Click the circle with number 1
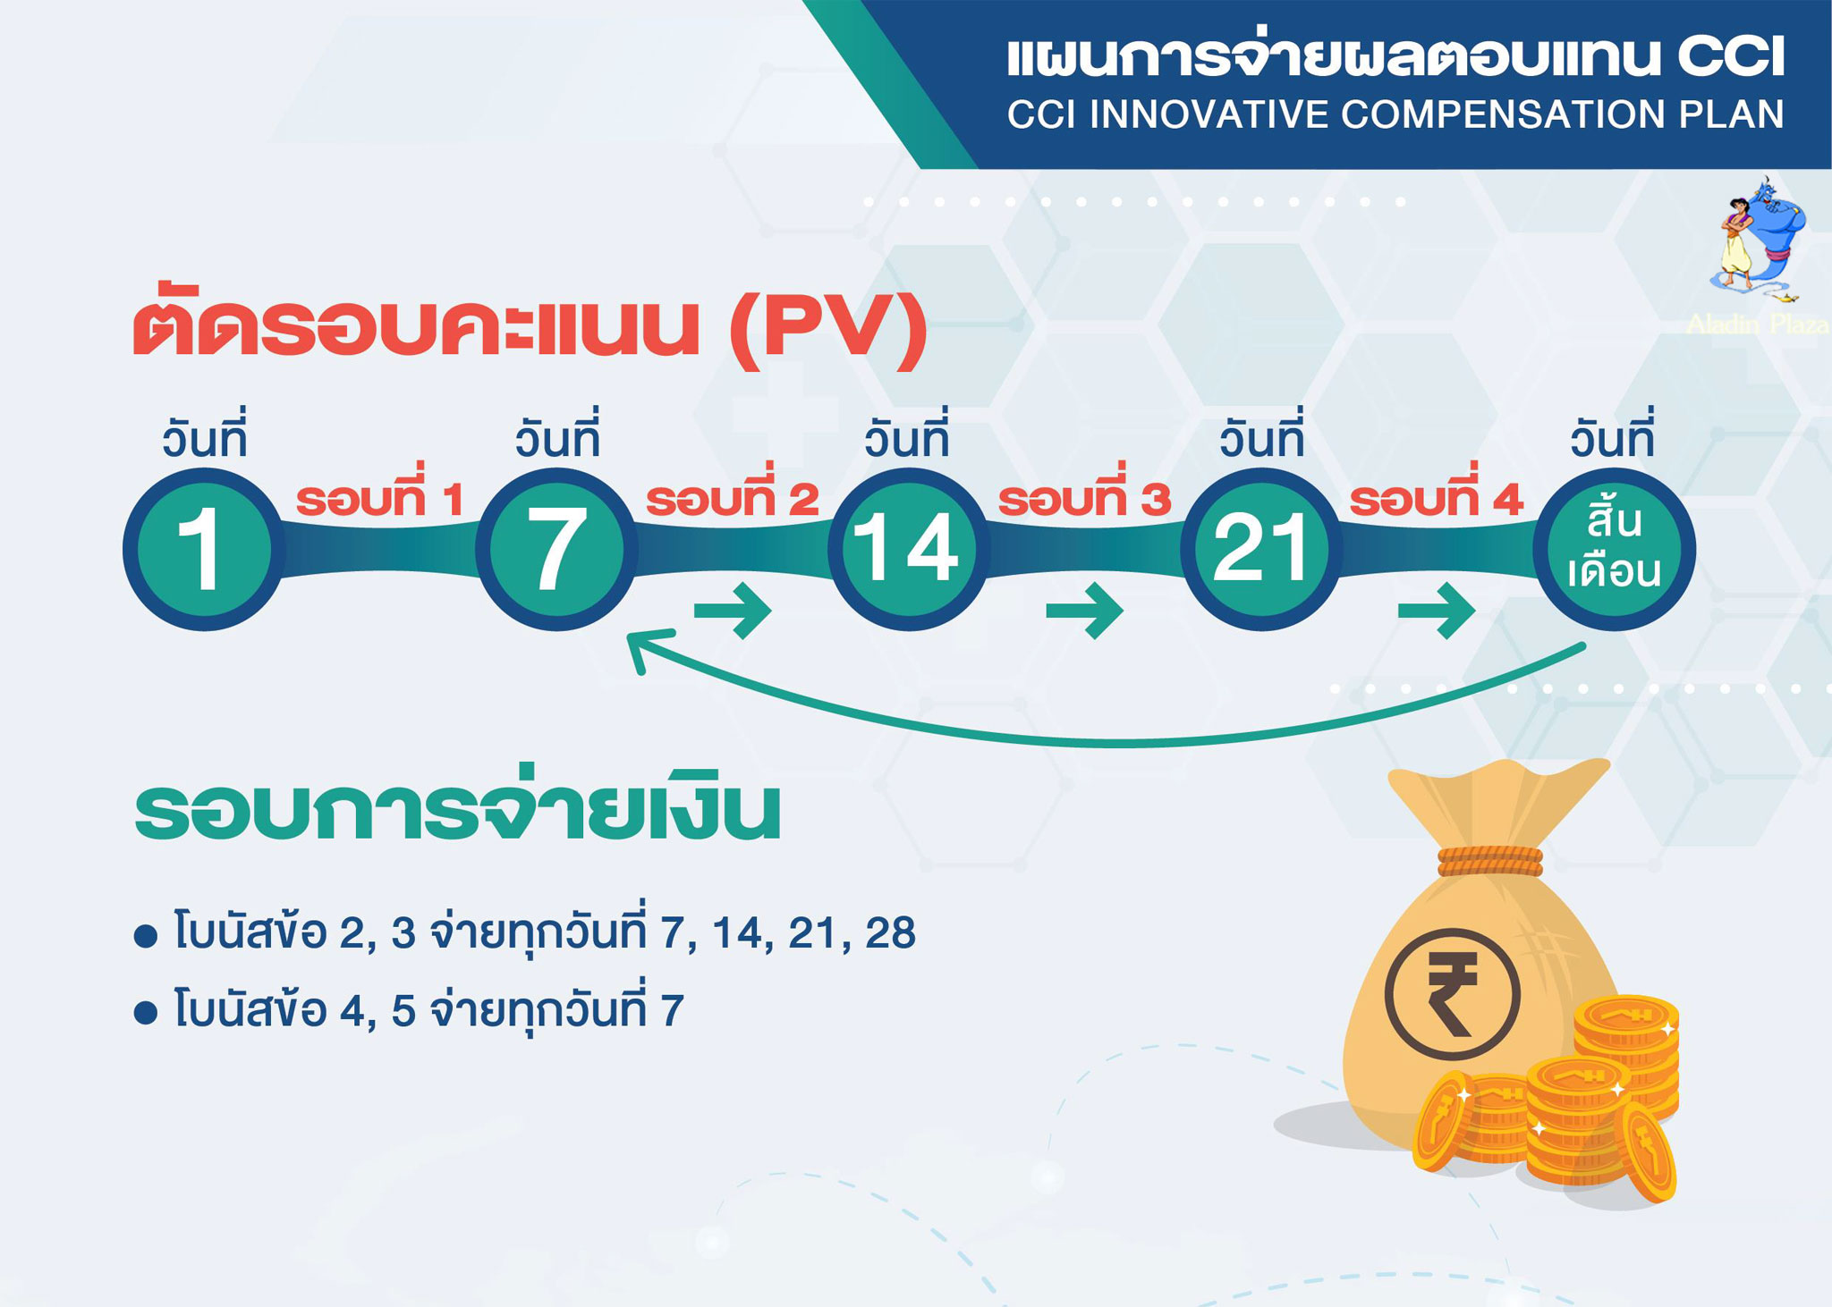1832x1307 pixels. [203, 549]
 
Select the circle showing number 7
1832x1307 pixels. [556, 549]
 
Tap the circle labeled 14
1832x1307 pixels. [909, 549]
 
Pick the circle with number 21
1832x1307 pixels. [1261, 549]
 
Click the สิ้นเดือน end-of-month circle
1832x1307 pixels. [1614, 549]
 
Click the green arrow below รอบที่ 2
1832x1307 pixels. [733, 611]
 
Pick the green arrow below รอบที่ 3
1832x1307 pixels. [1085, 611]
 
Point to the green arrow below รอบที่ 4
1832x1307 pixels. [1437, 611]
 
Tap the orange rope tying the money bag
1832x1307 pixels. [1490, 860]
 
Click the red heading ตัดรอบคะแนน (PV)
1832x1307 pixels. [530, 327]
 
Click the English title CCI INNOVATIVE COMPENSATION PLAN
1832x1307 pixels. [1395, 114]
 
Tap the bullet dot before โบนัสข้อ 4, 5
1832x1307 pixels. [145, 1014]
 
